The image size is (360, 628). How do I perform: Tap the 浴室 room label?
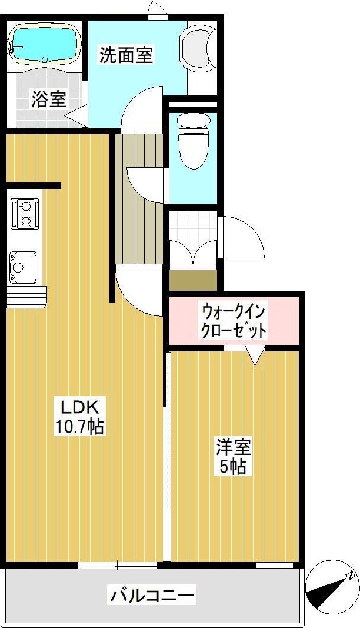coord(48,99)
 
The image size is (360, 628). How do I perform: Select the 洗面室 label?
coord(126,55)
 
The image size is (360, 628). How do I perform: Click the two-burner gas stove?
coord(25,213)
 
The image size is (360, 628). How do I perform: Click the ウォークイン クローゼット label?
coord(234,320)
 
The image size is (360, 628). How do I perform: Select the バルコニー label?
coord(152,596)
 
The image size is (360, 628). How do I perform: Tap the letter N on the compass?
coord(350,575)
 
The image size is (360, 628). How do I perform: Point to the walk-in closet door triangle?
coord(255,356)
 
